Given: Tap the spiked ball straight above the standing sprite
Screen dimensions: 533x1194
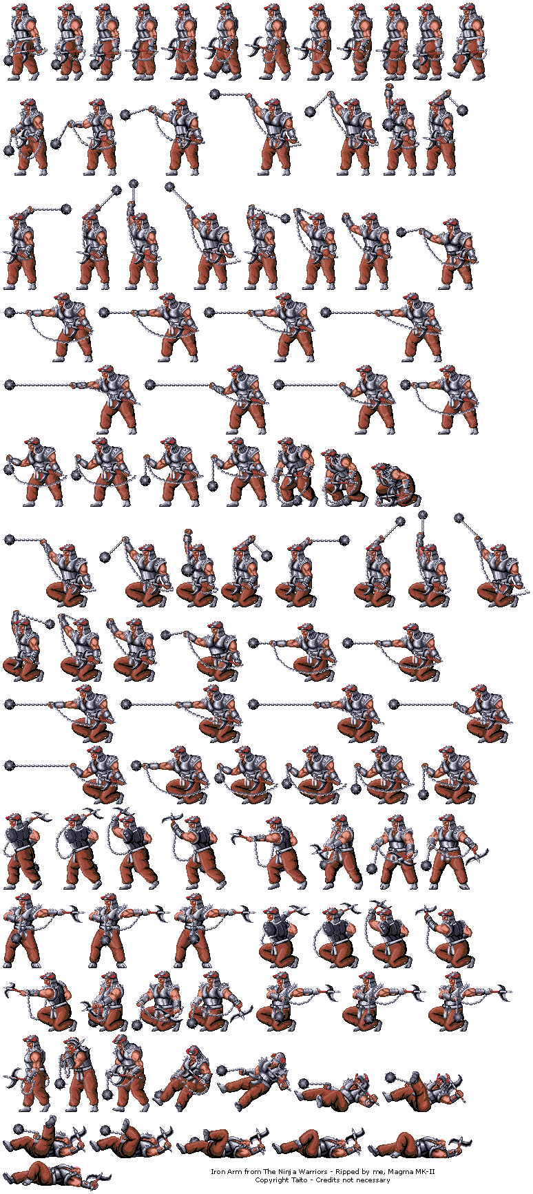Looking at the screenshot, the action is point(134,183).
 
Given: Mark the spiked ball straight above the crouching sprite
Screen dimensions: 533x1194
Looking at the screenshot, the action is point(421,517).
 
